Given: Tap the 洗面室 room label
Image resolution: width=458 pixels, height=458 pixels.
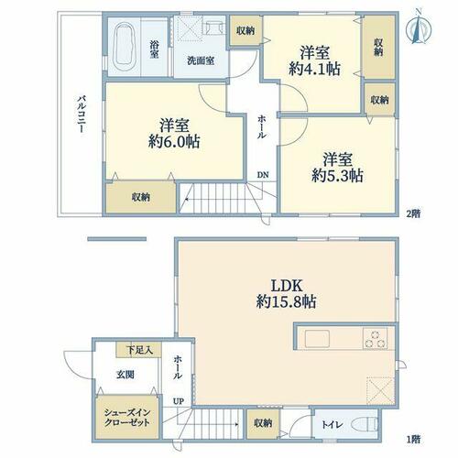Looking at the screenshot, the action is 201,60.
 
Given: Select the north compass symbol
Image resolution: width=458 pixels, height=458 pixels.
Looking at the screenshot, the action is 419,27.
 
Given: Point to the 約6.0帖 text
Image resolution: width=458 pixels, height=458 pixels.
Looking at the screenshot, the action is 174,142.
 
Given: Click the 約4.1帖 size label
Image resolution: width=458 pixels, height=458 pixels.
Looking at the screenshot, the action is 314,69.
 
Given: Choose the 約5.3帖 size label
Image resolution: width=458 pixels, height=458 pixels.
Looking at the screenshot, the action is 337,176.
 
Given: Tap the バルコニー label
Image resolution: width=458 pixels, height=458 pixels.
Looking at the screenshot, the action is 81,114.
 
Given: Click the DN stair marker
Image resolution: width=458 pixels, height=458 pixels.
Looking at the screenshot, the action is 263,175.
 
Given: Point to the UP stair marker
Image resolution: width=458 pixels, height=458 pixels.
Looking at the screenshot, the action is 179,401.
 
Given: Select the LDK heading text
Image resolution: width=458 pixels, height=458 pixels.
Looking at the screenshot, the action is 287,287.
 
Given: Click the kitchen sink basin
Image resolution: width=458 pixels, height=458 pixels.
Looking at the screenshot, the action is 317,338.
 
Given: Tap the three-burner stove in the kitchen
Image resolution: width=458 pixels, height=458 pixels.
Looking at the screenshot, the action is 375,339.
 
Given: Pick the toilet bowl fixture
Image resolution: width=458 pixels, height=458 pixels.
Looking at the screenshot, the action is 365,424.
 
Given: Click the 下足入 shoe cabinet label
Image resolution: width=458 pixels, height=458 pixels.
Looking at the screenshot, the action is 139,350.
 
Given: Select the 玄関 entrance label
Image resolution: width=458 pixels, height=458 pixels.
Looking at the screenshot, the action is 125,375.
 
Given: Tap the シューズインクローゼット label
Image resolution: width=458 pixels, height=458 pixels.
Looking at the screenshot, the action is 127,418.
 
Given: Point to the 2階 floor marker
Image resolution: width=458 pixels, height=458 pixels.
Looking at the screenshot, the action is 413,213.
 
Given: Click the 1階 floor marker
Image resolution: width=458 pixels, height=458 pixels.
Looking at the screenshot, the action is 413,439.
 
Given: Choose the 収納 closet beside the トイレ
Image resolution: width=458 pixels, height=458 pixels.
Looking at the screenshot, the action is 263,423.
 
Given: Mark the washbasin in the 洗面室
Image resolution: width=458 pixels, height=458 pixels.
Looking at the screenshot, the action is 213,27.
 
